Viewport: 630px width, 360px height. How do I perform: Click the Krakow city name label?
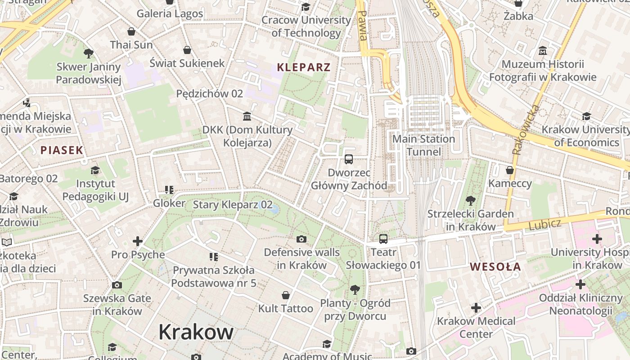196,332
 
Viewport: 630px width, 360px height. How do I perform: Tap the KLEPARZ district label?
304,67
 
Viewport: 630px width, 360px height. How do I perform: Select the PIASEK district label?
62,150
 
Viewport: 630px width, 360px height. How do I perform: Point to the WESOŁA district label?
495,267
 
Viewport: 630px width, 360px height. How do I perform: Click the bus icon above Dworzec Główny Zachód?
349,159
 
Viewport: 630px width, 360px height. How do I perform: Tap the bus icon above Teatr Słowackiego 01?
383,239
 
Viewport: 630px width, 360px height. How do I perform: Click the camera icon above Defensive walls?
301,239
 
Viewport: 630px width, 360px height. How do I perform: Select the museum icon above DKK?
247,117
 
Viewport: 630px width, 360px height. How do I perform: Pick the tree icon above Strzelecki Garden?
470,200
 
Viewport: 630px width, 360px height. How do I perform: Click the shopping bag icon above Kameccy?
510,170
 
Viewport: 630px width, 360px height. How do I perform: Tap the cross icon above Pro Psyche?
138,241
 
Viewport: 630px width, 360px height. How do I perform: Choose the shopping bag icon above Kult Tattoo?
285,295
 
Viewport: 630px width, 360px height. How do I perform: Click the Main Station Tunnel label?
423,145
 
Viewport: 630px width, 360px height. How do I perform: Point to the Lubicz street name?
545,224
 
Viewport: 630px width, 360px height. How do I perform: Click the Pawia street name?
363,25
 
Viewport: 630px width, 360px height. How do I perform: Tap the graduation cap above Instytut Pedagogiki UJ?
95,170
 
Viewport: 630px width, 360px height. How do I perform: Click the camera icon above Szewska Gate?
117,285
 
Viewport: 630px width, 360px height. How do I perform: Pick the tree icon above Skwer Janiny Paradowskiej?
89,54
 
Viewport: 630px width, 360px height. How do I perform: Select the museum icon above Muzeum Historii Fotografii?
543,50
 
